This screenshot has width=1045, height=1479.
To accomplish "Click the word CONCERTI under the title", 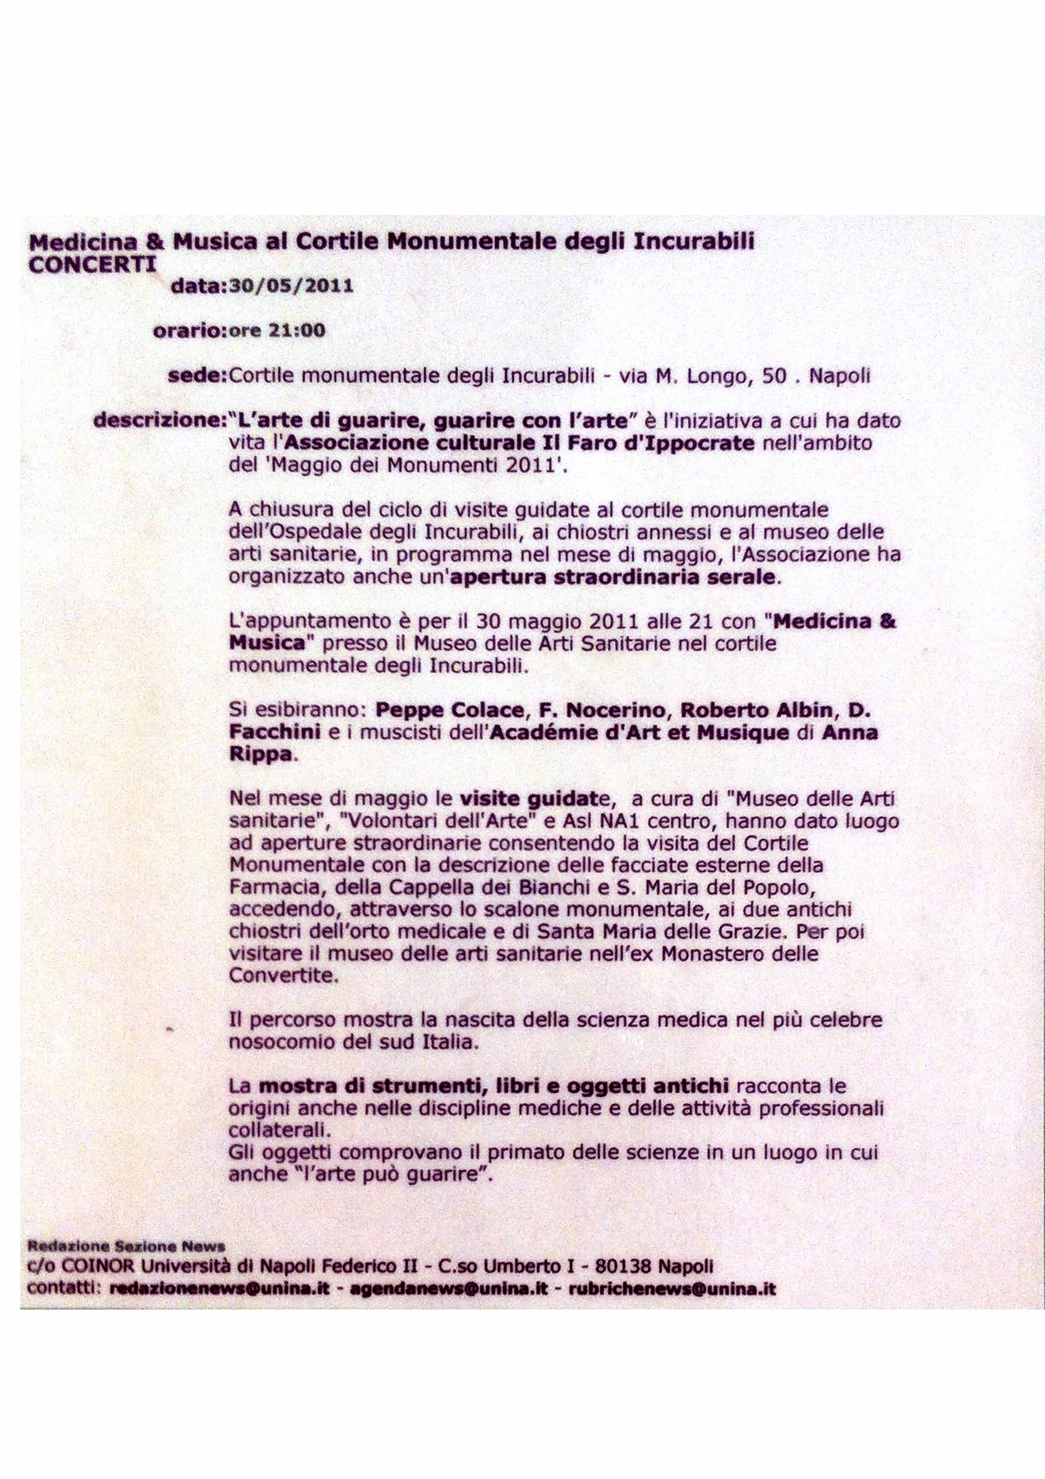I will tap(92, 265).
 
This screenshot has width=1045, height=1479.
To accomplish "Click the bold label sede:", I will tap(198, 376).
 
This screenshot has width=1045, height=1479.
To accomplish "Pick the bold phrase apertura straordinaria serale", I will tap(612, 577).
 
